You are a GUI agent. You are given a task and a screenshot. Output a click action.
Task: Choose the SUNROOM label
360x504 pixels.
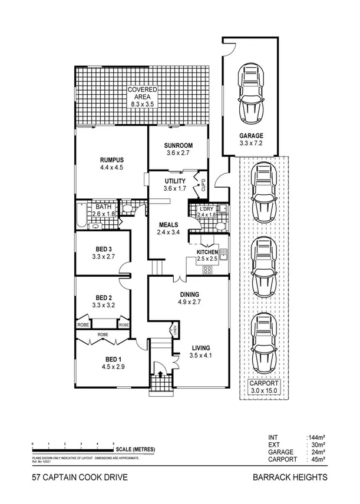178,146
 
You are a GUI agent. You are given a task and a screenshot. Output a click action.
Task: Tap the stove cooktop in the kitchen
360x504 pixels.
208,270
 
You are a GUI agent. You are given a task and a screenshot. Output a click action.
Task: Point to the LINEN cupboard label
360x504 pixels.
174,330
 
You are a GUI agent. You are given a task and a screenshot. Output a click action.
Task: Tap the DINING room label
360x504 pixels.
189,294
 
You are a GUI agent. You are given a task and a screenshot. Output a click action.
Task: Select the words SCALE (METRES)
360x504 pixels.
136,449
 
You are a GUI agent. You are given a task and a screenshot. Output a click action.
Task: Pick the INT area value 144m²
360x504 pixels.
315,437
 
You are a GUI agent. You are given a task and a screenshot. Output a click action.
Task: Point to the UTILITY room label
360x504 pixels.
175,181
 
